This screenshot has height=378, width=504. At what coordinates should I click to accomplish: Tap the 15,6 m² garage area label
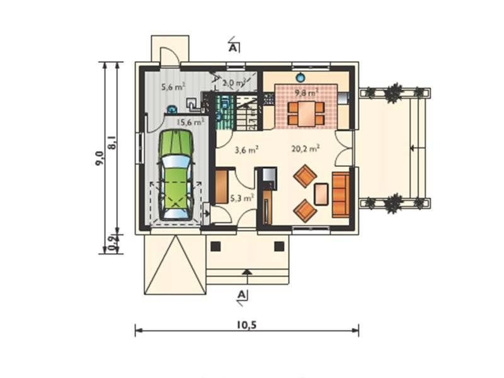(190, 122)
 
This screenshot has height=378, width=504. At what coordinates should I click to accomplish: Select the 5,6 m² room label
(172, 88)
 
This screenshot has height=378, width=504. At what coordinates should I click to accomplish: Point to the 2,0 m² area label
(235, 82)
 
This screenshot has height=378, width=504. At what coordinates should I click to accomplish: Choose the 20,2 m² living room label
(306, 149)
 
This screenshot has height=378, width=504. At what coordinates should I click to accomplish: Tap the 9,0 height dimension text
(100, 156)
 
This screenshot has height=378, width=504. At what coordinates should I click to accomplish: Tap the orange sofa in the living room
(340, 193)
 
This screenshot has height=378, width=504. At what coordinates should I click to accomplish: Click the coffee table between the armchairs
(321, 193)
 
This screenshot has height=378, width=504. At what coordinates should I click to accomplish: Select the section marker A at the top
(233, 47)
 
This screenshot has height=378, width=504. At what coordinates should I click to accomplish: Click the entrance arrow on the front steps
(247, 273)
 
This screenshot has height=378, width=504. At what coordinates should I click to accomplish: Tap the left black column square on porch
(215, 246)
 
